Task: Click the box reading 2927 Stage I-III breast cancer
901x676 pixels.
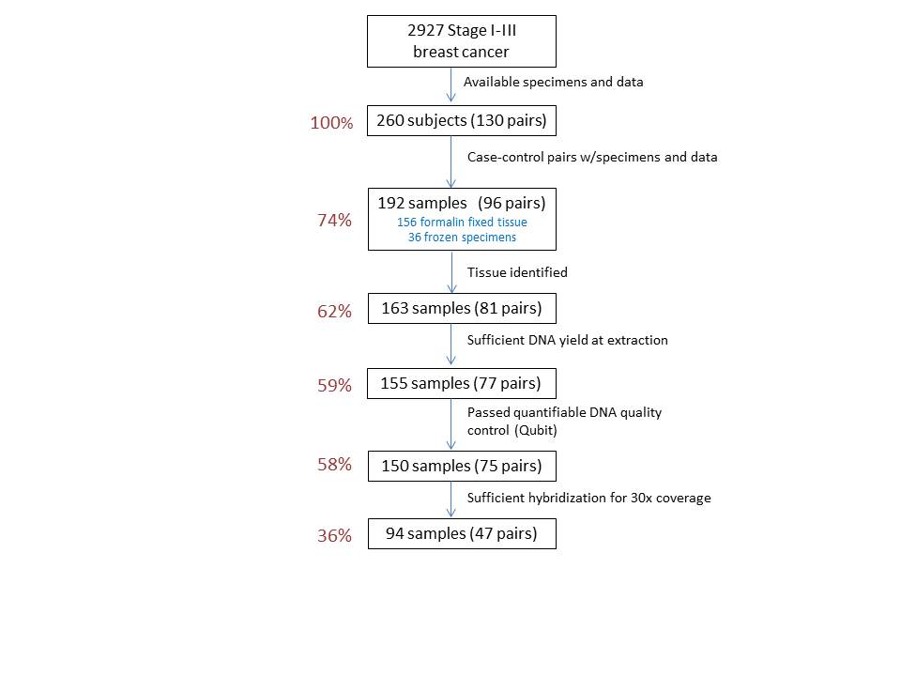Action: [x=462, y=41]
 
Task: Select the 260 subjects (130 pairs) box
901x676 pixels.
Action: [x=462, y=121]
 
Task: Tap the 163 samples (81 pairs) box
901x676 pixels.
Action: [x=462, y=309]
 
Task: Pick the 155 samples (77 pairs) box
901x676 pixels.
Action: [x=462, y=383]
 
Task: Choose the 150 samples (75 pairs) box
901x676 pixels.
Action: [x=462, y=467]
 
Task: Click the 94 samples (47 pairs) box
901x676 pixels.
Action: [x=462, y=534]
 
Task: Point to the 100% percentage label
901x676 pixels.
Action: [x=331, y=123]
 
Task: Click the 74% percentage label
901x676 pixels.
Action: [x=334, y=220]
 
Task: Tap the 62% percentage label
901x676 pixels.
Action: [x=334, y=312]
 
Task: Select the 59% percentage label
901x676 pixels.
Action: [x=334, y=386]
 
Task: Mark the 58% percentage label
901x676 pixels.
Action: [x=334, y=465]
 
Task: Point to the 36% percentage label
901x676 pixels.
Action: [x=334, y=536]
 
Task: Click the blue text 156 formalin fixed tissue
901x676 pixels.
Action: [x=462, y=223]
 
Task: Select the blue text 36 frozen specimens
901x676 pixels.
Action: [x=462, y=238]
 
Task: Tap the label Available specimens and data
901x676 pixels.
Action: [x=554, y=83]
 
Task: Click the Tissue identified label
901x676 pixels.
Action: [x=517, y=272]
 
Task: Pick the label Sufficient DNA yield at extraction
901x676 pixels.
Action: [x=568, y=340]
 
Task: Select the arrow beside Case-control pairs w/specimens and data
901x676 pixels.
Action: [x=451, y=161]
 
